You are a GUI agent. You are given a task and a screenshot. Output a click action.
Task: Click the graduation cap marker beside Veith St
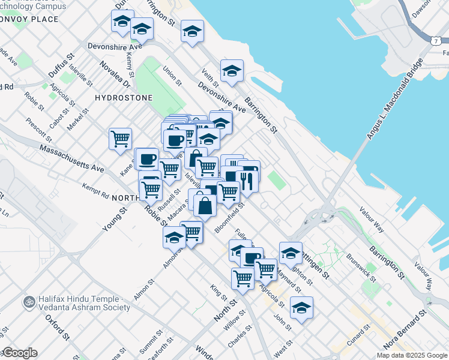[x=232, y=72]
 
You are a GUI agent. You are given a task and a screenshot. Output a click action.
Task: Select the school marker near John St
[x=301, y=308]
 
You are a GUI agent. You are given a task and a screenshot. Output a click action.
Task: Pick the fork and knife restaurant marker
[x=247, y=181]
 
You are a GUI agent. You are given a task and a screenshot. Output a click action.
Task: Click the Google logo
[x=19, y=353]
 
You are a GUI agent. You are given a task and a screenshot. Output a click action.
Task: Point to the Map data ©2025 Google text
[x=412, y=355]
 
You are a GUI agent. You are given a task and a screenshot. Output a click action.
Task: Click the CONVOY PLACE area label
[x=29, y=19]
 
